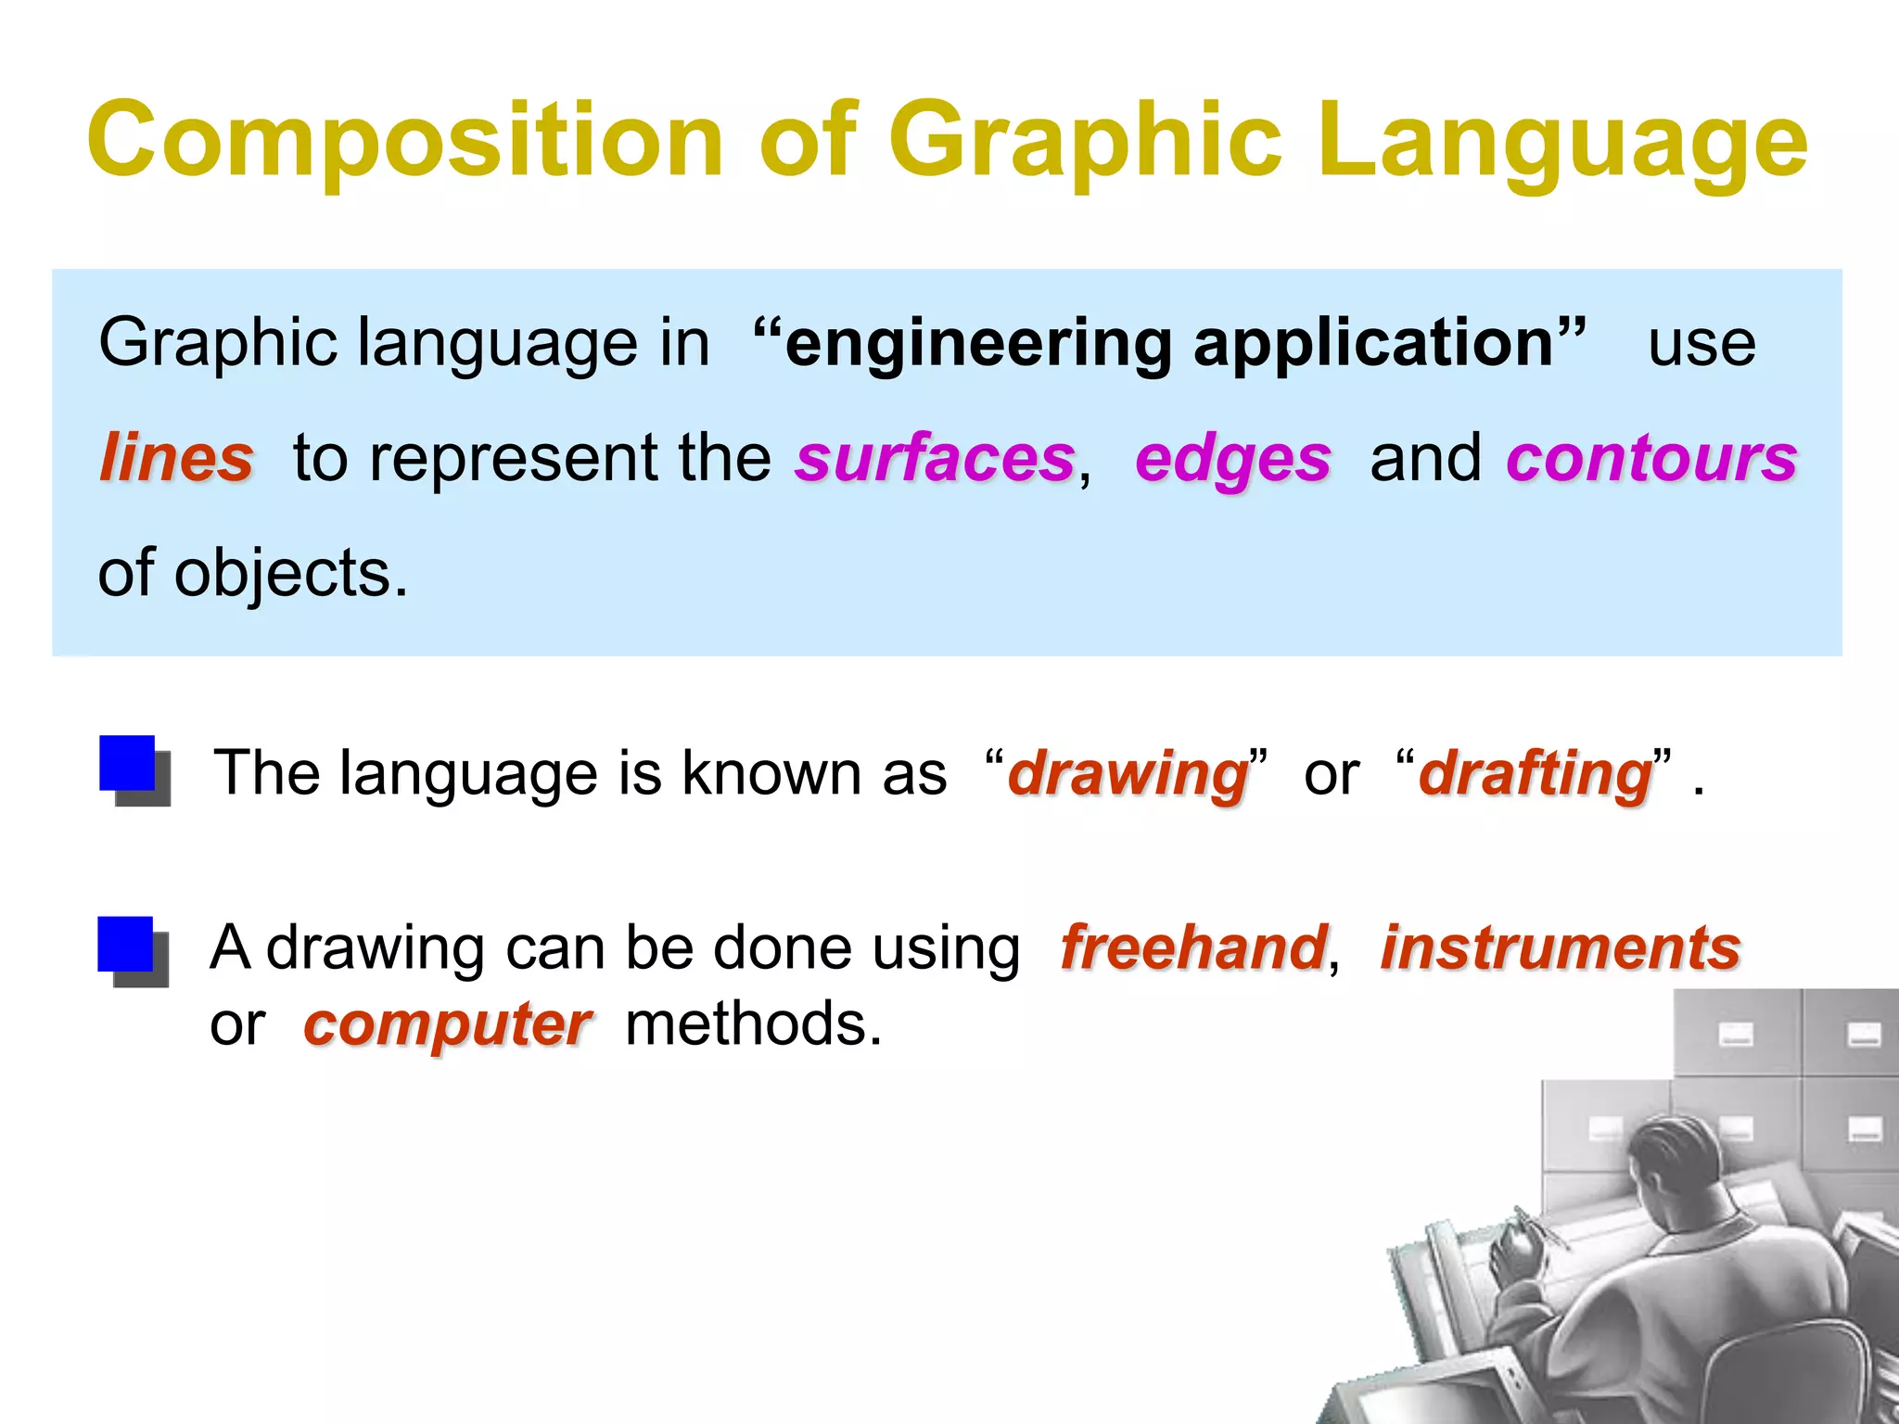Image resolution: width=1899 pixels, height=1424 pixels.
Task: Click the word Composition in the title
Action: pyautogui.click(x=404, y=141)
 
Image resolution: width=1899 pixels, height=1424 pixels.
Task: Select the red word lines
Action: pyautogui.click(x=176, y=458)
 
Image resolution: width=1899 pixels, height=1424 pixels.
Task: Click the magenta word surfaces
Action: pyautogui.click(x=935, y=458)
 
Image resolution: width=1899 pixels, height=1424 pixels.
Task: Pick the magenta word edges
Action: pyautogui.click(x=1232, y=460)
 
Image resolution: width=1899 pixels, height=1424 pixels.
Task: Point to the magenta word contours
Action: pyautogui.click(x=1650, y=458)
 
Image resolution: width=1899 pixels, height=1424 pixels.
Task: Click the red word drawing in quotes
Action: pyautogui.click(x=1128, y=775)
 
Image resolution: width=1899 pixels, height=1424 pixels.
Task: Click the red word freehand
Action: pyautogui.click(x=1193, y=948)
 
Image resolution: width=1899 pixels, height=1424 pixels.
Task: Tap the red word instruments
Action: pyautogui.click(x=1561, y=948)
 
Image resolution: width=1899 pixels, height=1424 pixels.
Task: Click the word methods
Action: pyautogui.click(x=753, y=1024)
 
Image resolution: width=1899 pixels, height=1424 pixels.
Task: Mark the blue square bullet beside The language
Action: pyautogui.click(x=130, y=766)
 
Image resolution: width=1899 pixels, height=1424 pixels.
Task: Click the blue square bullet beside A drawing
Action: pyautogui.click(x=128, y=947)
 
